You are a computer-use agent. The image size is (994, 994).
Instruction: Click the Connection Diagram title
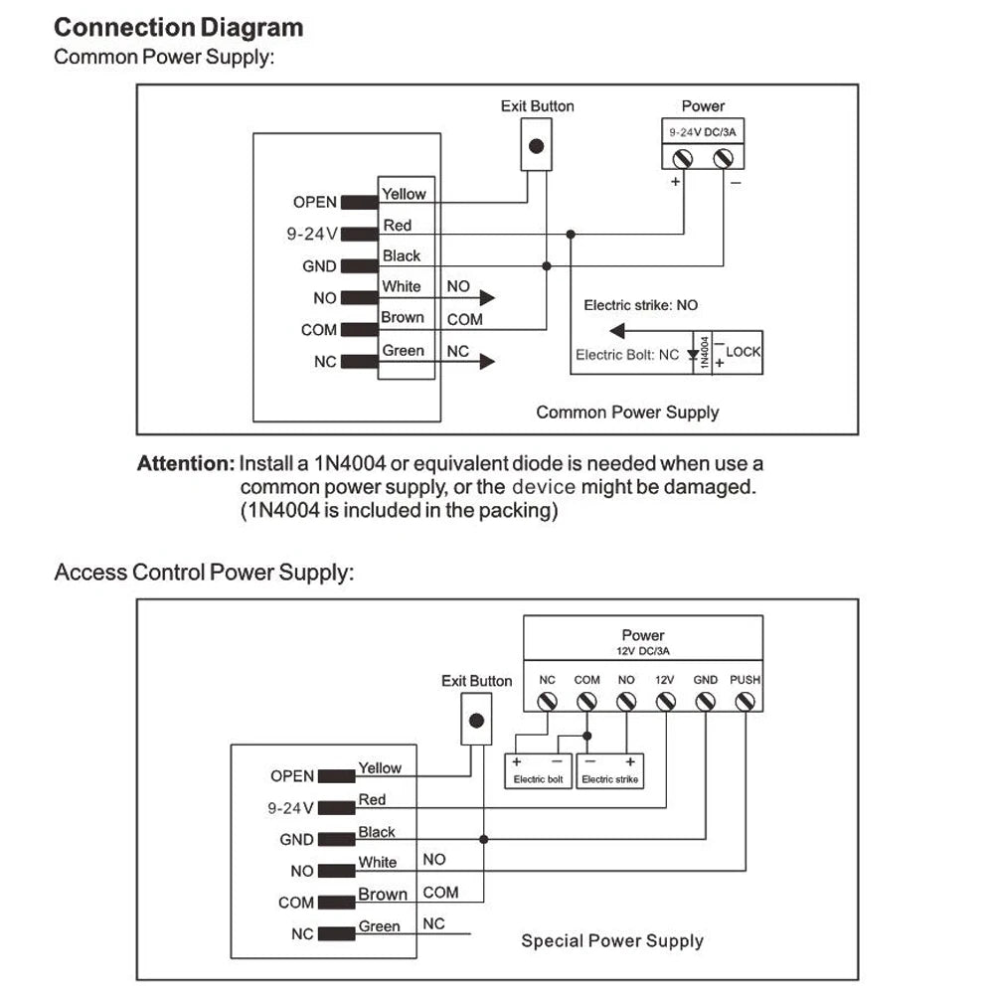(x=178, y=27)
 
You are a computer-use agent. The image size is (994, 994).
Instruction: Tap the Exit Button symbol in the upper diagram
(x=537, y=146)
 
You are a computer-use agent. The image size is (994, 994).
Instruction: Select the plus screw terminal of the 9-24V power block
(x=683, y=157)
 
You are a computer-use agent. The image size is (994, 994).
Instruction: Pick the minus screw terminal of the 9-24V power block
(x=724, y=157)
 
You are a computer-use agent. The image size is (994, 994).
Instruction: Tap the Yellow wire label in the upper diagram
(x=404, y=194)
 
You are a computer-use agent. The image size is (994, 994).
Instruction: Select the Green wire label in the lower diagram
(x=379, y=926)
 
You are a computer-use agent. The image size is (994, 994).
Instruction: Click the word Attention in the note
(x=185, y=463)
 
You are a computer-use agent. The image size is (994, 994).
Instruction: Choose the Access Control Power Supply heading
(x=203, y=573)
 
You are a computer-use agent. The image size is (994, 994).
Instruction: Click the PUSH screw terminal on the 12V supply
(x=745, y=702)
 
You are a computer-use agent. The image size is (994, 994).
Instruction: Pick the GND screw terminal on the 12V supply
(x=705, y=702)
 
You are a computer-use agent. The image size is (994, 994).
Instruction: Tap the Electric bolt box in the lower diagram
(x=538, y=770)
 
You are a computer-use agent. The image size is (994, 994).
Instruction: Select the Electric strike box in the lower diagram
(x=609, y=770)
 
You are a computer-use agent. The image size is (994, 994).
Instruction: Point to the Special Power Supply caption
(x=611, y=940)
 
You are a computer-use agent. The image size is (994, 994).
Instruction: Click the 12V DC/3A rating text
(x=643, y=651)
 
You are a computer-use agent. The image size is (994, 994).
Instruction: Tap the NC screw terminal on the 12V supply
(x=547, y=702)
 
